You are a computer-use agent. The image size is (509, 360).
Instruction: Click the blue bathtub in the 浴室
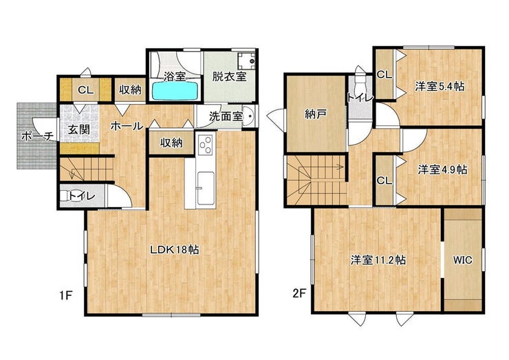(x=175, y=91)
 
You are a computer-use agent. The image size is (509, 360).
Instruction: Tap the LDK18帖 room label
(x=174, y=250)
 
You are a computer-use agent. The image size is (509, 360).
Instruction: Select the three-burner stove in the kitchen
(x=206, y=145)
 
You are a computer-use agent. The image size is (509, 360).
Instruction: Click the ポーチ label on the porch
(x=37, y=136)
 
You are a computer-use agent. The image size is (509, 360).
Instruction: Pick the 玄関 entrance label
(x=79, y=129)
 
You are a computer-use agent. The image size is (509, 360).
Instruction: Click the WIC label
(x=463, y=260)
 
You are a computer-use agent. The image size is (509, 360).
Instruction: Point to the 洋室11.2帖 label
(x=378, y=260)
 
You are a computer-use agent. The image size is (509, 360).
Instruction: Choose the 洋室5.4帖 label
(x=440, y=87)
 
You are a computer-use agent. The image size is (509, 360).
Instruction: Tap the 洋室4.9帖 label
(x=443, y=169)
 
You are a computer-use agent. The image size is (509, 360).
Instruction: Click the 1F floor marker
(x=65, y=295)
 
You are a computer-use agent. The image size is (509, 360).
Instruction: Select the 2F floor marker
(x=299, y=294)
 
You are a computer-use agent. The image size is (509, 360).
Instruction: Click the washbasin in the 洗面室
(x=249, y=116)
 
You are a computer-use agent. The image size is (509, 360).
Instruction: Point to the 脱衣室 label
(x=229, y=76)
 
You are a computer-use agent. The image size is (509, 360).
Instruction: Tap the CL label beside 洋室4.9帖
(x=385, y=180)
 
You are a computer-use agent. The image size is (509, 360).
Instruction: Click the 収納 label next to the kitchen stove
(x=171, y=142)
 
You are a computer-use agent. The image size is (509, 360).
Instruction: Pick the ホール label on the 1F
(x=127, y=126)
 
